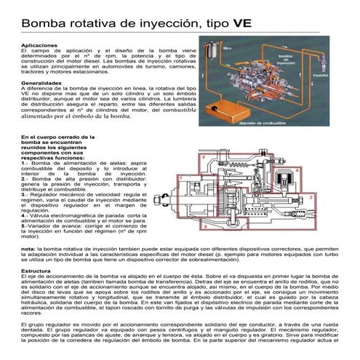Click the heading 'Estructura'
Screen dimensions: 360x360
tap(36, 271)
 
